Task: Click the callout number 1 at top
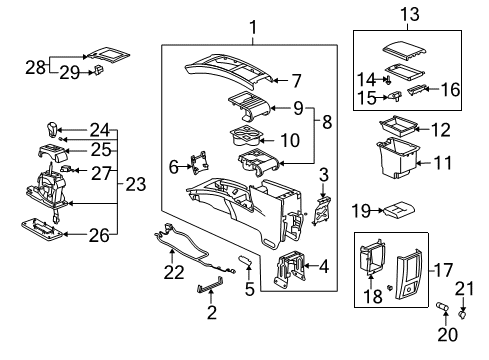(253, 28)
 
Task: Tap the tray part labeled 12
(399, 128)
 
